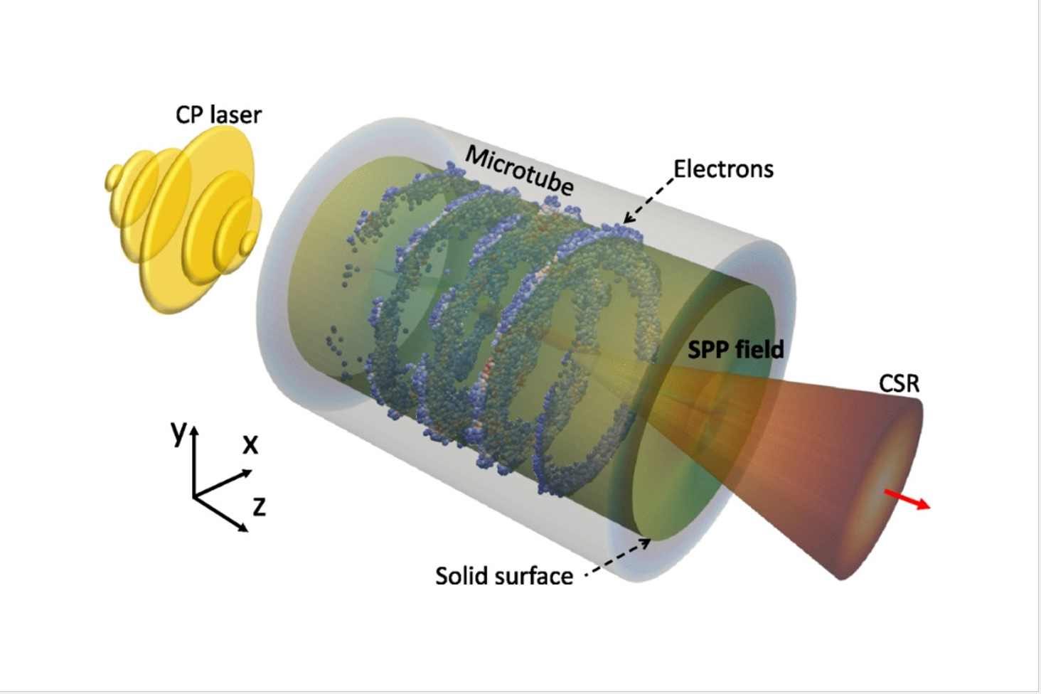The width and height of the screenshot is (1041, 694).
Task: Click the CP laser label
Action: [x=218, y=115]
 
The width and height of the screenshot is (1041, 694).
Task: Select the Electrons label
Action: [x=723, y=169]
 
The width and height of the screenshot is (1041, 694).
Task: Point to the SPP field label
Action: [x=735, y=349]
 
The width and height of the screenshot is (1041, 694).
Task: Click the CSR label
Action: [x=899, y=383]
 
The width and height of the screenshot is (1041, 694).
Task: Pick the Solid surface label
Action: [x=503, y=575]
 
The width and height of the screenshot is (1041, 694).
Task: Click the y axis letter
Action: [x=178, y=431]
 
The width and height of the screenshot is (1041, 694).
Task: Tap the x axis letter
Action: [x=250, y=444]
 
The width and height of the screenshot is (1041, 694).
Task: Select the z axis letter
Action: [x=259, y=506]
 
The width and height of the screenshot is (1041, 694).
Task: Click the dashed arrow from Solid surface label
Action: [x=619, y=557]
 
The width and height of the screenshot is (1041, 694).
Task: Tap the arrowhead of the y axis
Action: [x=194, y=430]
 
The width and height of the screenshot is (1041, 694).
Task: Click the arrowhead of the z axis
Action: [x=244, y=528]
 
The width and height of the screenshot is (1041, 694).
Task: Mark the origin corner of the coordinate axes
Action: [x=194, y=495]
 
